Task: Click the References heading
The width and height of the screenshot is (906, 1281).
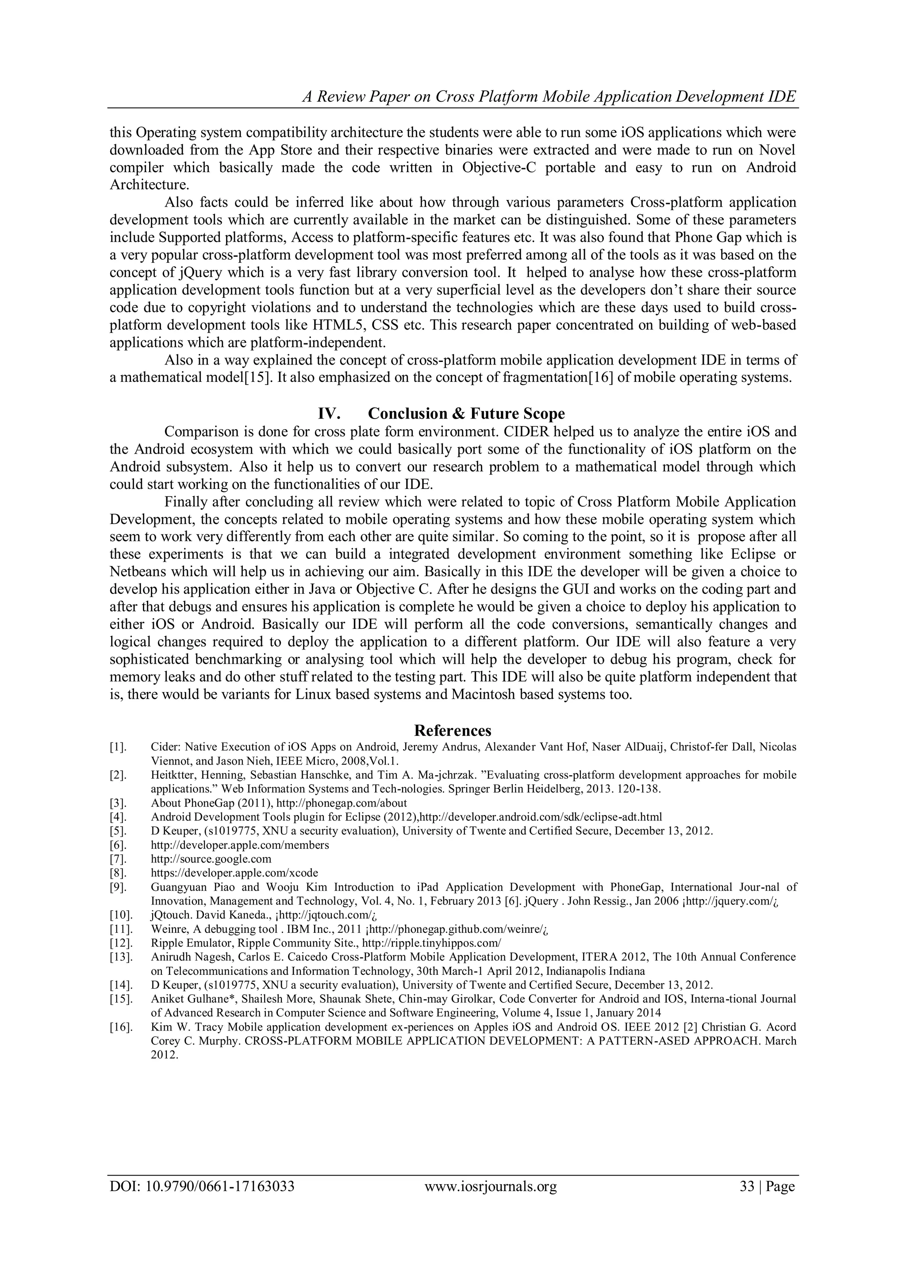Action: [x=453, y=731]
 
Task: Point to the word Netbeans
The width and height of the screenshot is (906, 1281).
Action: [x=137, y=572]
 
